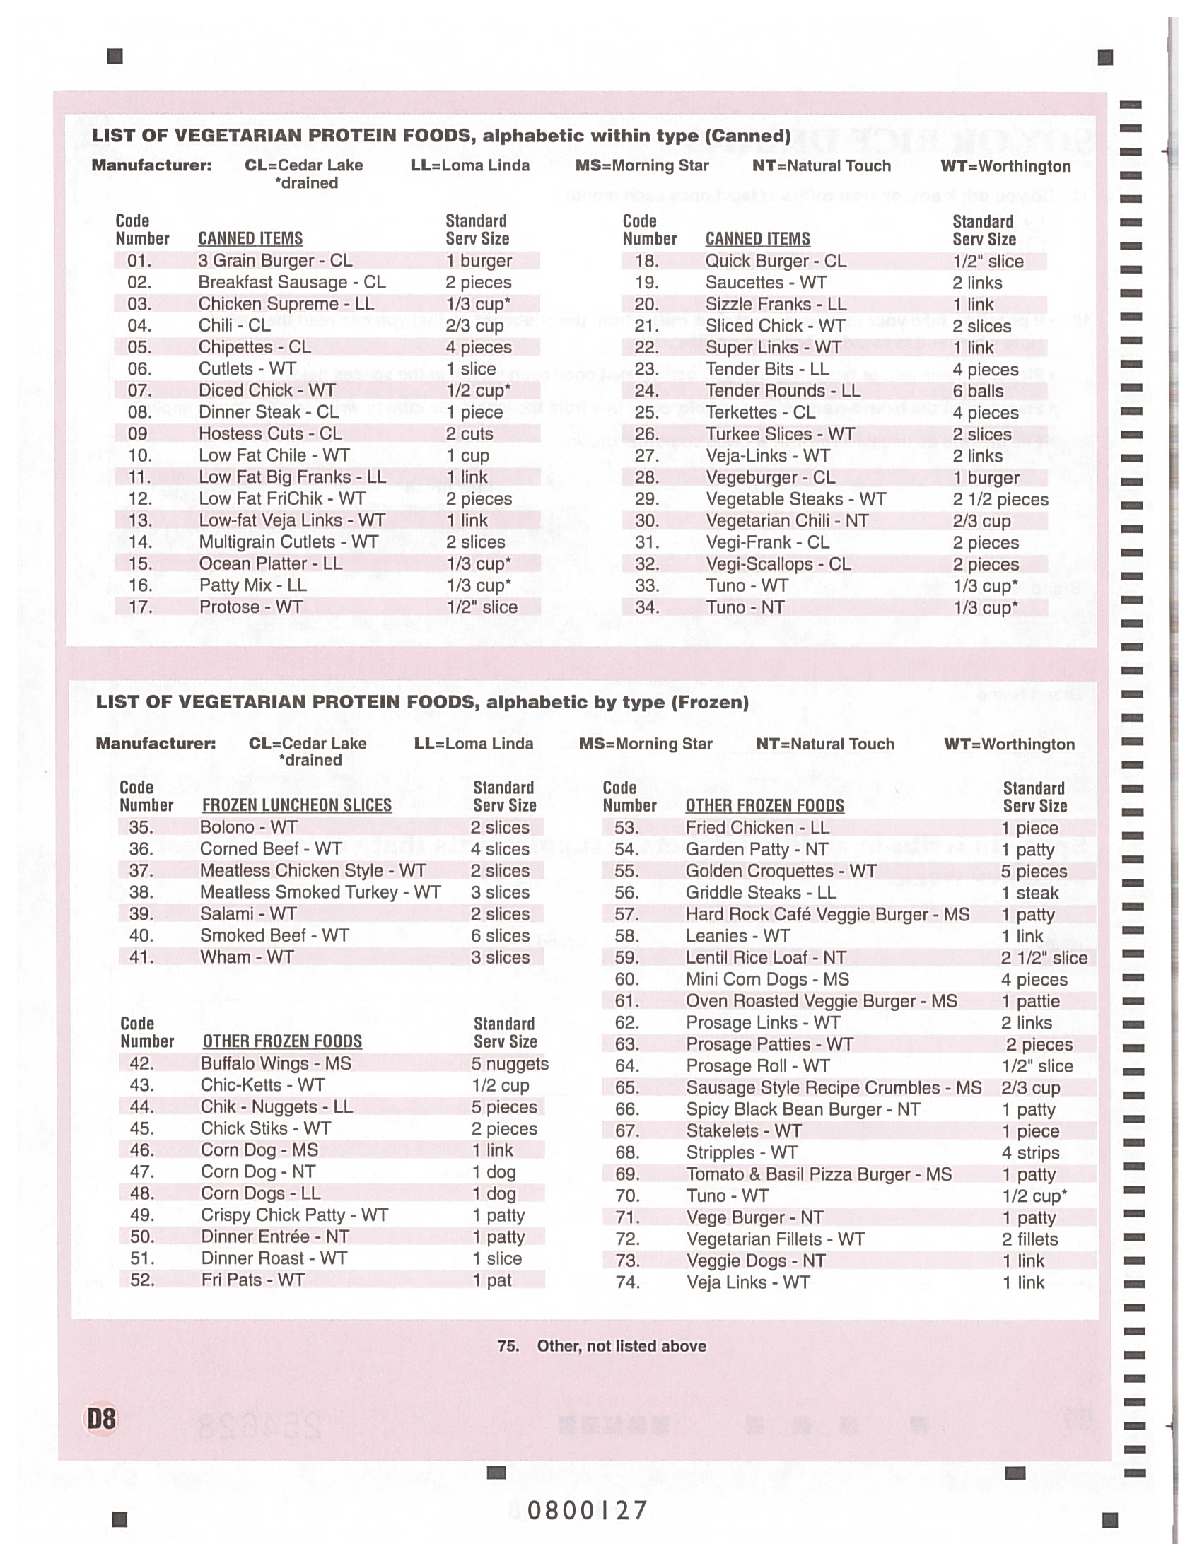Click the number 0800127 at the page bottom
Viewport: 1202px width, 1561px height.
click(588, 1510)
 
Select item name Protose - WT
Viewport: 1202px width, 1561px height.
click(251, 607)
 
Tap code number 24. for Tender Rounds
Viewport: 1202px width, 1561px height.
click(647, 390)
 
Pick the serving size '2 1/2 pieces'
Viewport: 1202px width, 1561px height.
click(1000, 499)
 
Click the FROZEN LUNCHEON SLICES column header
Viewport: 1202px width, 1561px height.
click(296, 805)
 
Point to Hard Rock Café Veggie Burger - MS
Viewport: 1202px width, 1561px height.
click(827, 914)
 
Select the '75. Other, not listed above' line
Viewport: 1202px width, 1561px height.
click(602, 1346)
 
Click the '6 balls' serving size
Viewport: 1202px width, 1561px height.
click(978, 390)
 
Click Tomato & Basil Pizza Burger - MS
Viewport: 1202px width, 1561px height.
click(819, 1174)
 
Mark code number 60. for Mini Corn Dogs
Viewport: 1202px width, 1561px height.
click(626, 979)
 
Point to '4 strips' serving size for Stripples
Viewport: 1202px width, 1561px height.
click(1030, 1152)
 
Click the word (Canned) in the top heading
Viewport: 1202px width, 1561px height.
click(747, 136)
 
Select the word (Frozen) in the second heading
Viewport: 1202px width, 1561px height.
click(710, 702)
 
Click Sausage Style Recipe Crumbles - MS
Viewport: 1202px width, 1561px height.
click(834, 1087)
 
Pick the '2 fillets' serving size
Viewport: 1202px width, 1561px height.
click(1029, 1239)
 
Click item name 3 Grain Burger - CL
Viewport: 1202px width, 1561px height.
click(275, 260)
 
